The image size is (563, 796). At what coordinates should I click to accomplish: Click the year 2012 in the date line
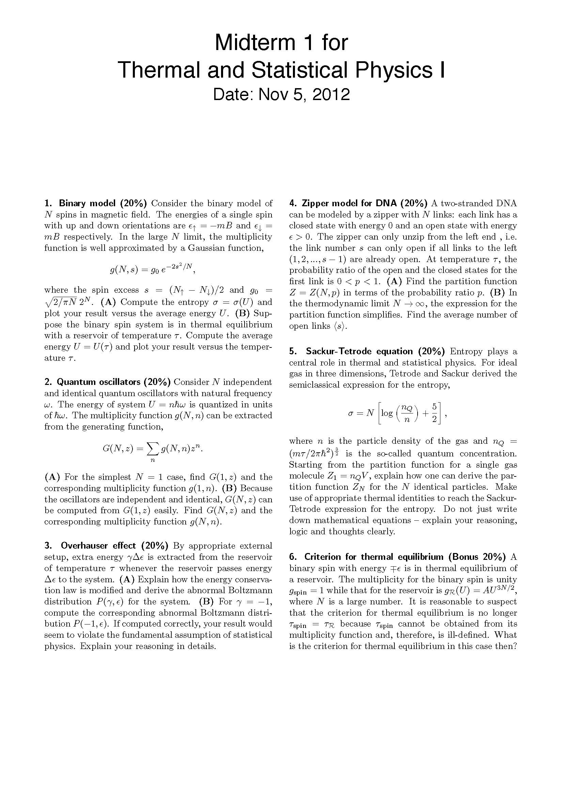click(x=331, y=94)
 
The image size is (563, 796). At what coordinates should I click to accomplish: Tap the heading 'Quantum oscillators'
click(x=113, y=382)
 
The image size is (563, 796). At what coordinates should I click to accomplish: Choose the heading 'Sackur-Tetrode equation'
click(x=359, y=351)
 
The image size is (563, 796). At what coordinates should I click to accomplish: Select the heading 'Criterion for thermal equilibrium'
click(x=374, y=556)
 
